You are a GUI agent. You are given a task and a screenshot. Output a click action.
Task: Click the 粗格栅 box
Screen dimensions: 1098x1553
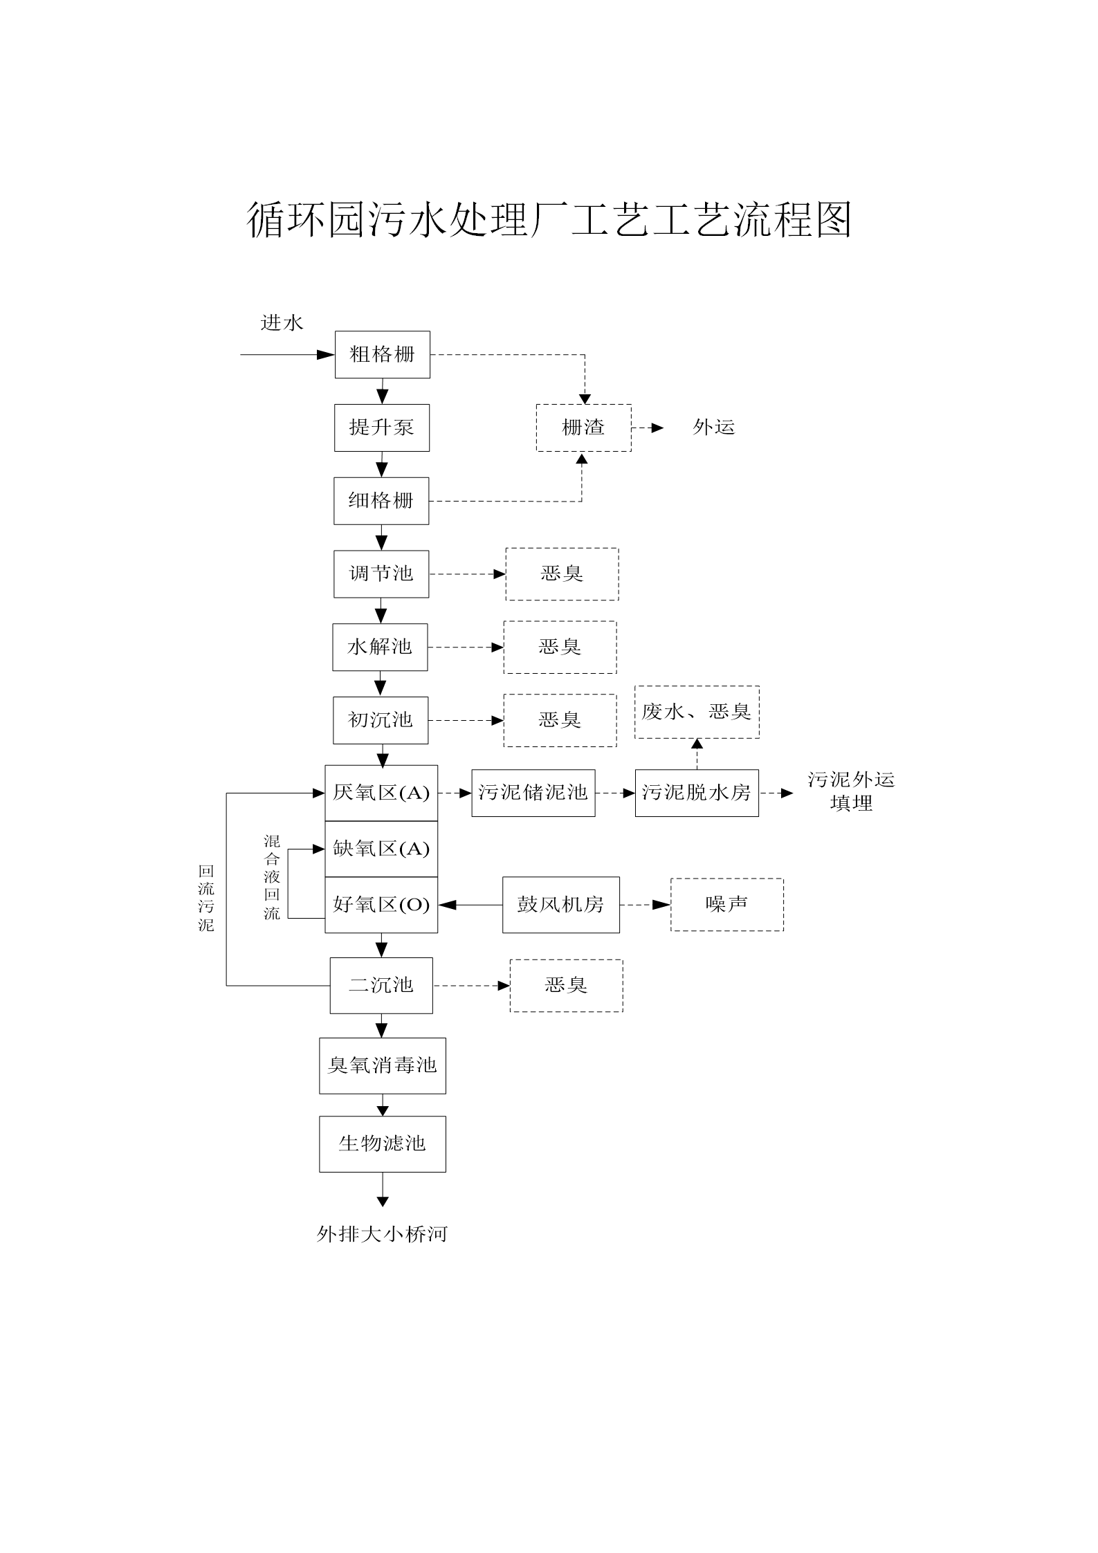pos(383,355)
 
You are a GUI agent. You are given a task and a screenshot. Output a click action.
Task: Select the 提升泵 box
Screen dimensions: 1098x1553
pos(382,428)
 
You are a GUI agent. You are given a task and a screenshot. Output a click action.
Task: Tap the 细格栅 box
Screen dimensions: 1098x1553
pos(381,501)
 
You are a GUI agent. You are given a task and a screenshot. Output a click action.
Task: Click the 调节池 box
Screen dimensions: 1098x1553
pos(381,574)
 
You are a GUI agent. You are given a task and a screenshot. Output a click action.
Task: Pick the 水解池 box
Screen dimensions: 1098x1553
pos(380,647)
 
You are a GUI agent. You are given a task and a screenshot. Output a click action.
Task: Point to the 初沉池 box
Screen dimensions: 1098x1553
pos(381,720)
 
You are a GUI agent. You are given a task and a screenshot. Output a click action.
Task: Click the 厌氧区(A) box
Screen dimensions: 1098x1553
pos(381,793)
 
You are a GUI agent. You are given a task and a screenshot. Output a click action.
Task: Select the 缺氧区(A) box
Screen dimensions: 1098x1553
pos(381,849)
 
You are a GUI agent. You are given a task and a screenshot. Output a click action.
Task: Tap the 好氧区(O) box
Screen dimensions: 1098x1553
pos(381,905)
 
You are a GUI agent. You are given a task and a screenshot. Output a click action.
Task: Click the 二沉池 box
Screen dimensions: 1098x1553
pos(381,986)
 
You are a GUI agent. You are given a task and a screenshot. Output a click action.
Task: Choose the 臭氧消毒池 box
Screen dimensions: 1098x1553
pos(383,1066)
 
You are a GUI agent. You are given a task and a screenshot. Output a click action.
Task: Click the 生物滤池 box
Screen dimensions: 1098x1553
pos(383,1144)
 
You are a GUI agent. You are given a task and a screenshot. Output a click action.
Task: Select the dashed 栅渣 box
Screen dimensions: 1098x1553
pos(584,428)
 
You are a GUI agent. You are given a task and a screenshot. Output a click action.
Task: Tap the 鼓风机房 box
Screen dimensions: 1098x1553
pos(561,905)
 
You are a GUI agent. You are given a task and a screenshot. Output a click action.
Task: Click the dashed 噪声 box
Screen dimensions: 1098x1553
pos(727,905)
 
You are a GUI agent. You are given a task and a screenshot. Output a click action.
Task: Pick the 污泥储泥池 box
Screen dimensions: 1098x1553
pos(533,793)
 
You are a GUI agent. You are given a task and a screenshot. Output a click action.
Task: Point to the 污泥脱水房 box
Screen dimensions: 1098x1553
pos(697,793)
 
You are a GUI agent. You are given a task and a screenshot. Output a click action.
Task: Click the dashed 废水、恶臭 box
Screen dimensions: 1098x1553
pos(697,713)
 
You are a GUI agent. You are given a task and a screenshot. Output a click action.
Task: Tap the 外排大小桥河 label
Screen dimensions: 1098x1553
pos(383,1234)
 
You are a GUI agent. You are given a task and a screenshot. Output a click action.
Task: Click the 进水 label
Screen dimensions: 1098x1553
pos(282,323)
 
